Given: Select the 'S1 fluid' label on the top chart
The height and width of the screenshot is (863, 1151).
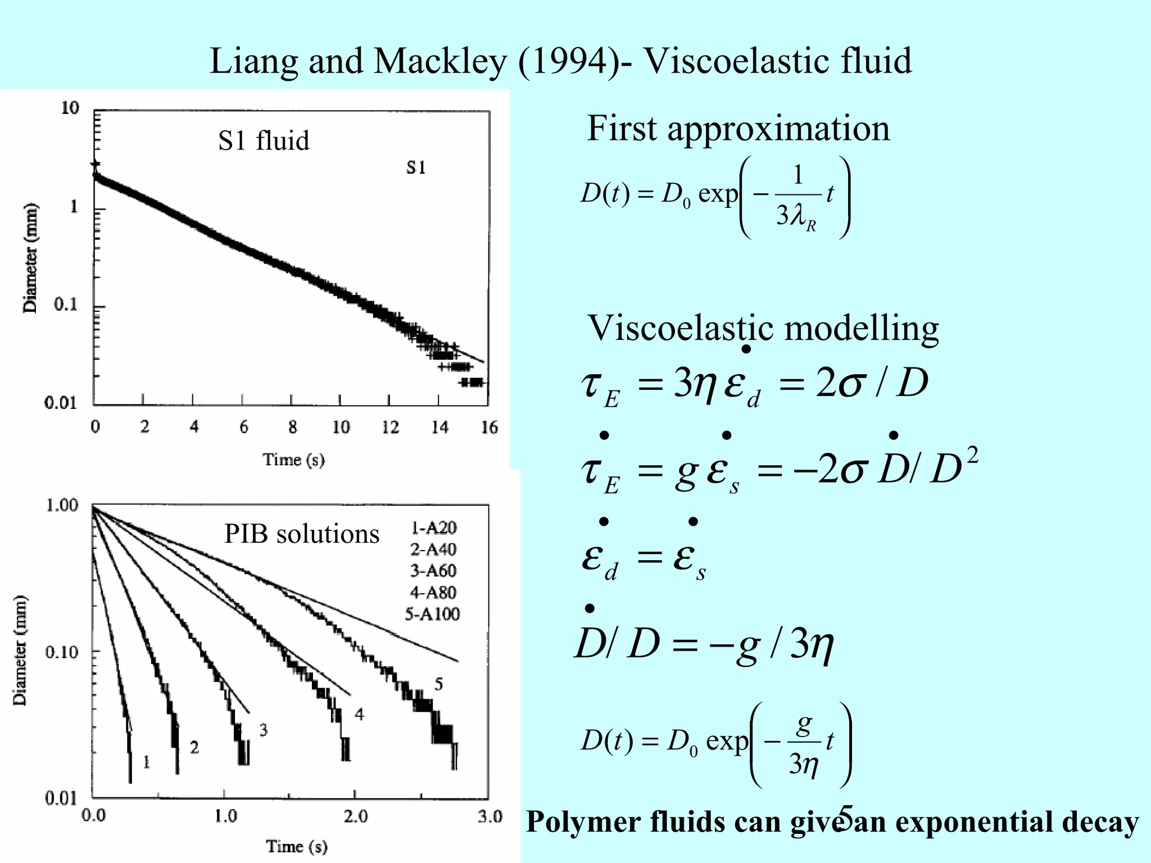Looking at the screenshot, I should pyautogui.click(x=264, y=140).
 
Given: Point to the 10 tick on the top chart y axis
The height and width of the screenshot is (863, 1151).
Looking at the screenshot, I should pyautogui.click(x=70, y=108).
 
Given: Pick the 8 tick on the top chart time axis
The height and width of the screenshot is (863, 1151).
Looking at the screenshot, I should pyautogui.click(x=292, y=428).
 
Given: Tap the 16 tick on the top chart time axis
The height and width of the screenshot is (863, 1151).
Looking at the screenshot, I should pyautogui.click(x=489, y=428).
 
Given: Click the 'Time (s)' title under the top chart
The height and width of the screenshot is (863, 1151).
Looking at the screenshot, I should pyautogui.click(x=293, y=460).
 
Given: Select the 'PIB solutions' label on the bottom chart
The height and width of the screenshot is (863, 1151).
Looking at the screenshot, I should pyautogui.click(x=302, y=534).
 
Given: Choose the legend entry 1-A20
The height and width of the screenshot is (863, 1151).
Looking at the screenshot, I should pyautogui.click(x=433, y=528).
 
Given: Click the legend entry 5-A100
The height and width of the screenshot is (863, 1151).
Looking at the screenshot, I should pyautogui.click(x=432, y=614).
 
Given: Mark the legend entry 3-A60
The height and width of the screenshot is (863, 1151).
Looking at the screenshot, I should pyautogui.click(x=433, y=571).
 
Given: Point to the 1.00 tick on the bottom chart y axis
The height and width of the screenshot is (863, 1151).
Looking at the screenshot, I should pyautogui.click(x=62, y=505).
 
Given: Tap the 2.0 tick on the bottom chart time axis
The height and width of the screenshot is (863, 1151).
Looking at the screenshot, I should pyautogui.click(x=356, y=816).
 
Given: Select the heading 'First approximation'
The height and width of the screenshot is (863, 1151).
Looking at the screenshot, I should pyautogui.click(x=738, y=129).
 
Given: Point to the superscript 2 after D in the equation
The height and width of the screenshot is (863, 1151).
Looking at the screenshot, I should pyautogui.click(x=973, y=455).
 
